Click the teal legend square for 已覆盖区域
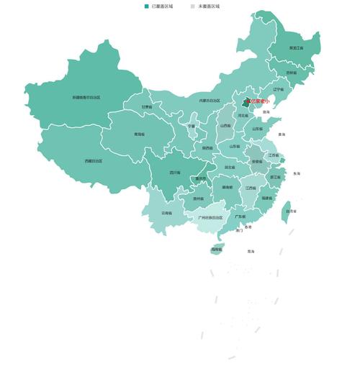click(147, 6)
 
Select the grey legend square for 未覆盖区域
click(193, 6)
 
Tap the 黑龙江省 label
click(296, 48)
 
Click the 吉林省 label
click(291, 73)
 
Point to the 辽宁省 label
click(279, 89)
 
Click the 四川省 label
click(175, 173)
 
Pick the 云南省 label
click(166, 213)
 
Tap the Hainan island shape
click(216, 250)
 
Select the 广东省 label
click(240, 217)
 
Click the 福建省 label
click(267, 198)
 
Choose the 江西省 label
click(250, 188)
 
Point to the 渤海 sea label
click(266, 112)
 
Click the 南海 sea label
click(251, 252)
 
